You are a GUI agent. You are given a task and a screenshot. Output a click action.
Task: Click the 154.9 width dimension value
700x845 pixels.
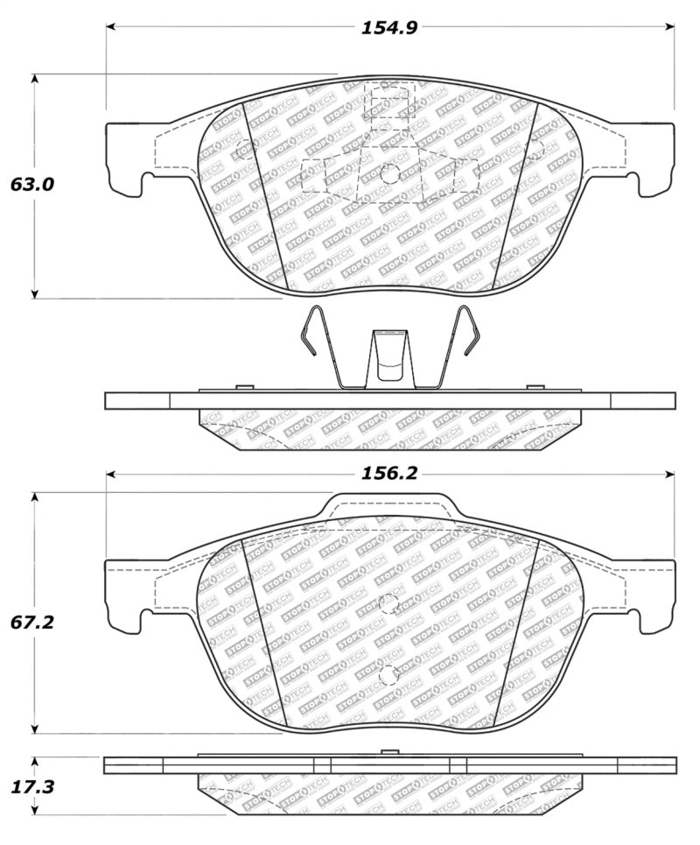(389, 27)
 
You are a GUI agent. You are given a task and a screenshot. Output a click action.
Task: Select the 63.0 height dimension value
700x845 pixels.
(32, 185)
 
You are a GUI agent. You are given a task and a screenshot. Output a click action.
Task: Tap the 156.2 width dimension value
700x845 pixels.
(389, 474)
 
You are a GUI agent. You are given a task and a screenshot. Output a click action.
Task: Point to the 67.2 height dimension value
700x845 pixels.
(32, 623)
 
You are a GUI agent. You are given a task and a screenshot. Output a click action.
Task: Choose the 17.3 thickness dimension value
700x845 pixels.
(32, 787)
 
